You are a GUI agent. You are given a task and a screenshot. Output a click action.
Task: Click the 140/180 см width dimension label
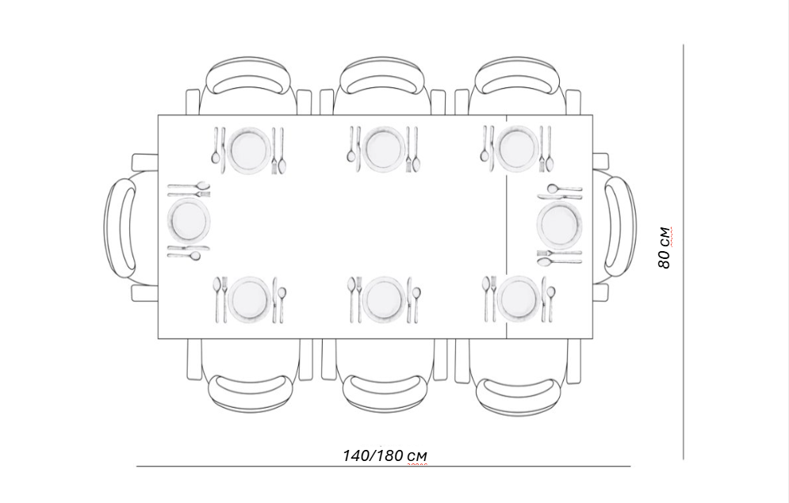point(385,455)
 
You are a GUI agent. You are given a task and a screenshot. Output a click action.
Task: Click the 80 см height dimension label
point(665,248)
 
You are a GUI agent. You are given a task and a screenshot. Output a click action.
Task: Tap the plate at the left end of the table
point(189,220)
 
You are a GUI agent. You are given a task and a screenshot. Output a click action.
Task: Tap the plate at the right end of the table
point(559,223)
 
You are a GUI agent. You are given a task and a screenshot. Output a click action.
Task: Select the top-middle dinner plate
point(385,149)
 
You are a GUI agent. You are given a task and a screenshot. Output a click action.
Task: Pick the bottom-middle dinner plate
point(384,299)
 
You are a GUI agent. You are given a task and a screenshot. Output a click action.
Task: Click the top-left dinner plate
point(250,150)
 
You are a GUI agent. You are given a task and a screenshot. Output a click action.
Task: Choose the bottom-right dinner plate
point(519,299)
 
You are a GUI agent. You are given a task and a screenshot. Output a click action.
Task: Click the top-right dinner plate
point(519,149)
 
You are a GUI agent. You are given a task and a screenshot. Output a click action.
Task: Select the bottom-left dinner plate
point(250,299)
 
